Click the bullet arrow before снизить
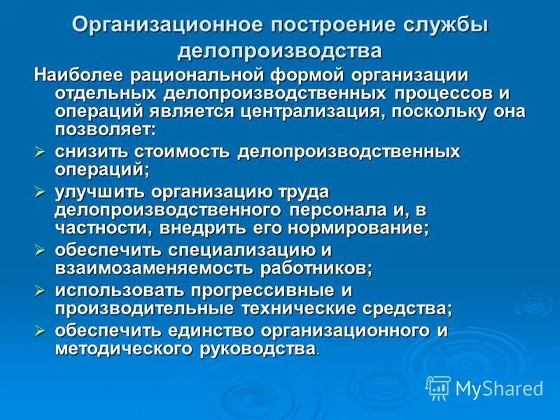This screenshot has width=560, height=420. pos(41,151)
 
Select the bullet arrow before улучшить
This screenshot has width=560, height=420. pos(41,190)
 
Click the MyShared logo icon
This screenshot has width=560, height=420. pos(438,387)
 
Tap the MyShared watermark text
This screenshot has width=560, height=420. pos(499,388)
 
